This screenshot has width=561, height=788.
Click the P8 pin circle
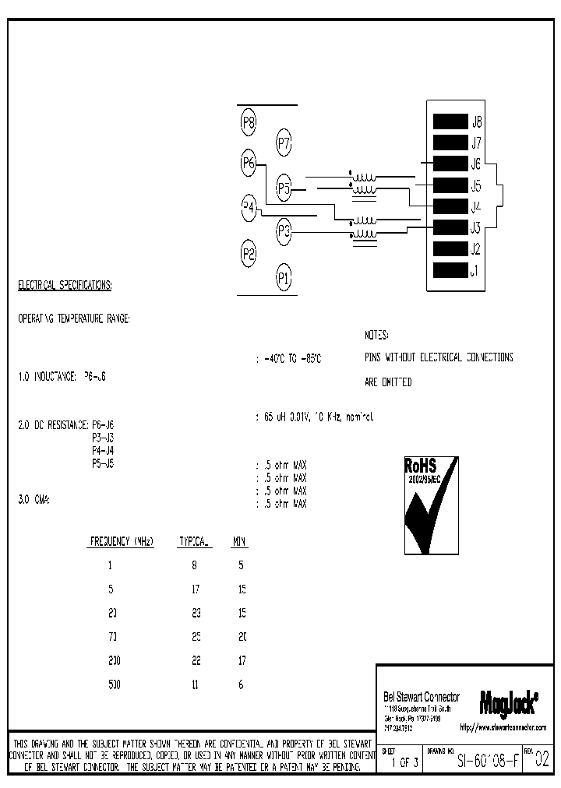coord(249,122)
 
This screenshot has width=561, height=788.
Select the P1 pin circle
coord(284,276)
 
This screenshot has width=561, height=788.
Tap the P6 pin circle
coord(249,163)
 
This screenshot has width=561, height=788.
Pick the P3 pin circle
coord(284,230)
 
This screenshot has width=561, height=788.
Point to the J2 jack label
coord(475,250)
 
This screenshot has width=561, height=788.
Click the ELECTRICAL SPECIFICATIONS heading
coord(65,286)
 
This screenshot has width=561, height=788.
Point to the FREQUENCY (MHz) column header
coord(122,540)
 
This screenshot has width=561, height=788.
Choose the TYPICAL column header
coord(195,540)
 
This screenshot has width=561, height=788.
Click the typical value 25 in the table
coord(196,637)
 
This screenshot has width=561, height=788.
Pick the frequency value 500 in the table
coord(114,684)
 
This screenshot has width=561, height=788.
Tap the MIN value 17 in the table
coord(242,660)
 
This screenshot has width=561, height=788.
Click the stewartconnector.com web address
coord(503,728)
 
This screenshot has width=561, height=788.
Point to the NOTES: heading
coord(376,335)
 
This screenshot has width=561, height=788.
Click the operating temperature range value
coord(290,359)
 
